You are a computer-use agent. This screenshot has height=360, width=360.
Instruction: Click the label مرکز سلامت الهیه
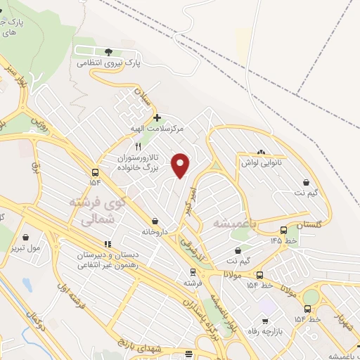coord(160,129)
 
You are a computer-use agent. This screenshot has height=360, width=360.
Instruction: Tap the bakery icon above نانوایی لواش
coord(262,151)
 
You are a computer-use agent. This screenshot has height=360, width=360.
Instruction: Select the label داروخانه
coord(156,231)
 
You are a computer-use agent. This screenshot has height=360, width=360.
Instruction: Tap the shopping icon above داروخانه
coord(154,220)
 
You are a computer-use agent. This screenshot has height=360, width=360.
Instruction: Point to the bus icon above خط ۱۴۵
coord(283,229)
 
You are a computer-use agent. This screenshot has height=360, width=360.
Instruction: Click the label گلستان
coord(309,225)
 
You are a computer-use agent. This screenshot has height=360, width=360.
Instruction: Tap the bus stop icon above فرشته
coord(192,271)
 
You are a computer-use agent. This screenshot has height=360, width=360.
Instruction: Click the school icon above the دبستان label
coord(107,243)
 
